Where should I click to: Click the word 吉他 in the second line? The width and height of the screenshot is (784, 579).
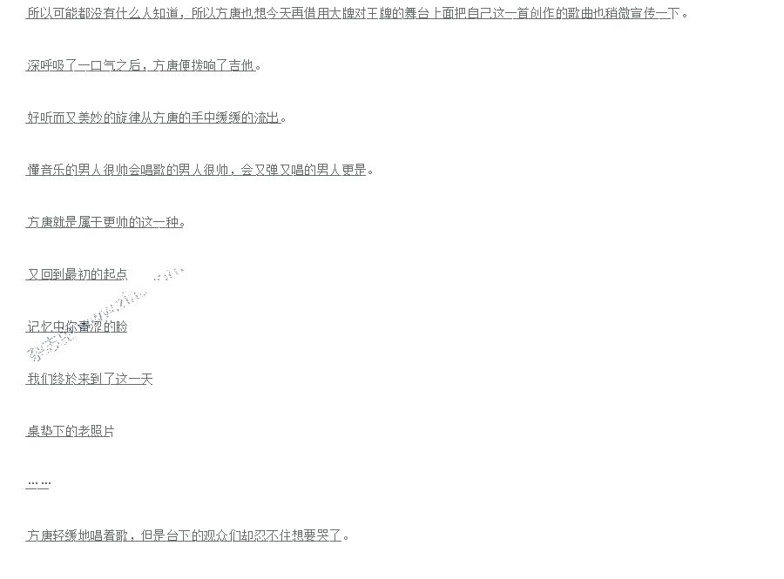point(241,65)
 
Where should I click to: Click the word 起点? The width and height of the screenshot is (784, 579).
point(115,274)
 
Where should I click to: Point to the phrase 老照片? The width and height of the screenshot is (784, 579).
point(96,431)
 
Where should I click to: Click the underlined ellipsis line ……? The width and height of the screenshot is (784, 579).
point(38,483)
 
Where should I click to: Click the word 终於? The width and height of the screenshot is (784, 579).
point(64,379)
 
